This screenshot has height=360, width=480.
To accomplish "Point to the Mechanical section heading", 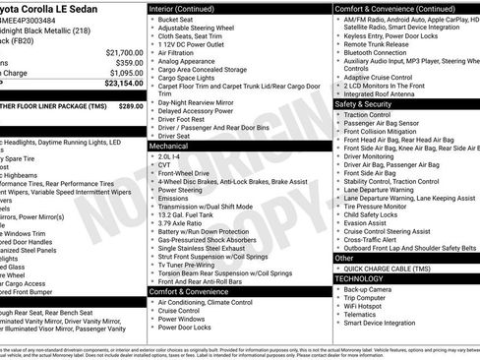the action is pos(171,145).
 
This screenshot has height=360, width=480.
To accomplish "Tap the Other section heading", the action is pos(344,258).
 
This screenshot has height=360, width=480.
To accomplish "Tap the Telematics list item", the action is pos(362,322).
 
